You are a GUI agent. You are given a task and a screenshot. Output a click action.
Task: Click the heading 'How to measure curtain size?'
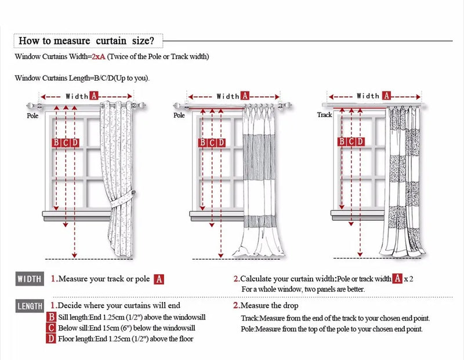(x=87, y=41)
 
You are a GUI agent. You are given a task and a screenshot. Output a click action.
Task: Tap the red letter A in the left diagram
(x=93, y=96)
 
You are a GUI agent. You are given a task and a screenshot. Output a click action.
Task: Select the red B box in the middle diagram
(x=202, y=143)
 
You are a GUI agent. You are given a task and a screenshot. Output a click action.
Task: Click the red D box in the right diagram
(x=360, y=141)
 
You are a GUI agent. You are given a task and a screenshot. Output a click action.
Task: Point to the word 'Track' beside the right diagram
(x=324, y=115)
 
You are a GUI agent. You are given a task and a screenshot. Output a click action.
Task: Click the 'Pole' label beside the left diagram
(x=32, y=115)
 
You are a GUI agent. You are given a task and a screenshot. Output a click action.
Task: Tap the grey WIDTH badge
(x=30, y=279)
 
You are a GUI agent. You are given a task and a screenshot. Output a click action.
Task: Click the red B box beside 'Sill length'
(x=52, y=318)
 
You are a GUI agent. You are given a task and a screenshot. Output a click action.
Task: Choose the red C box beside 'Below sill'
(x=52, y=328)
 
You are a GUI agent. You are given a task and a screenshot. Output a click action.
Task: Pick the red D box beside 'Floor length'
(x=52, y=339)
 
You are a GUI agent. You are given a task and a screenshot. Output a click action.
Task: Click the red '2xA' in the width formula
(x=98, y=57)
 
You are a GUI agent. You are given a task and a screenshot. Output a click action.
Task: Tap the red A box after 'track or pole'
(x=159, y=279)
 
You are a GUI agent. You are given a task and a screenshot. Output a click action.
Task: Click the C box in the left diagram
(x=66, y=143)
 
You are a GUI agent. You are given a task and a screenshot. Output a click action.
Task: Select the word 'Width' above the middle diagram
(x=228, y=96)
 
